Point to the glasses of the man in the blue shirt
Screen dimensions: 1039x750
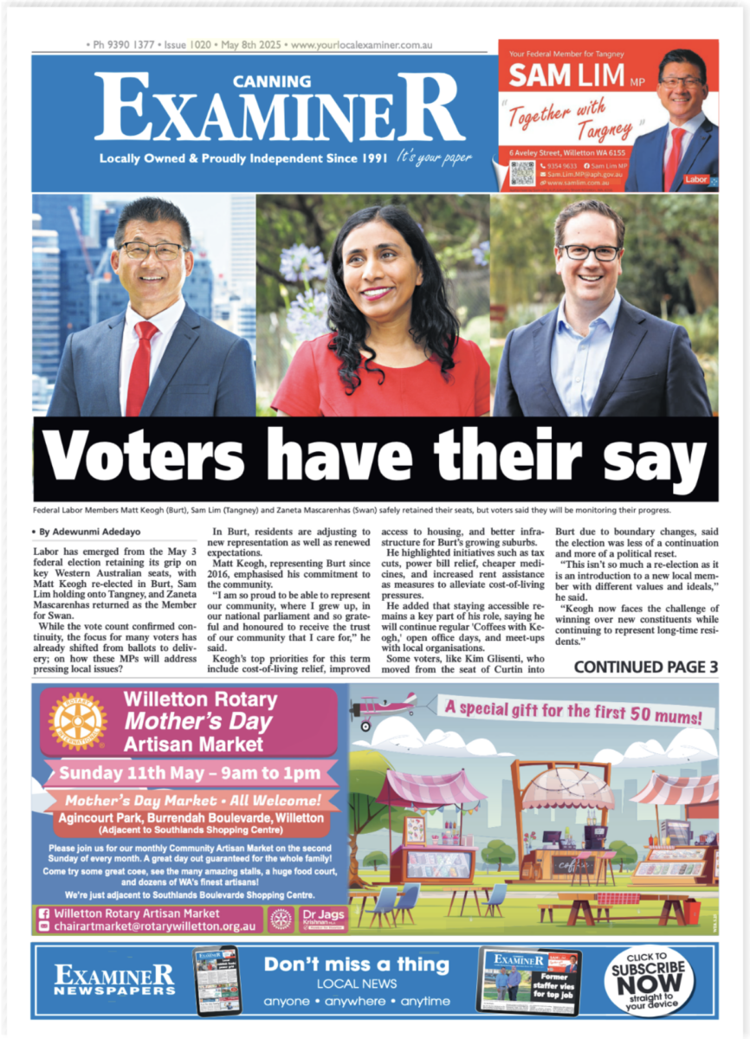click(x=592, y=252)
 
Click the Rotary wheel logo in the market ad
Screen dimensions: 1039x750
click(x=77, y=720)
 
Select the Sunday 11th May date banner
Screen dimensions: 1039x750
click(x=189, y=772)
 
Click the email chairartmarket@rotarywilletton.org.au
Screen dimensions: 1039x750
click(x=154, y=926)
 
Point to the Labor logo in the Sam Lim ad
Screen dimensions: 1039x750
click(x=695, y=179)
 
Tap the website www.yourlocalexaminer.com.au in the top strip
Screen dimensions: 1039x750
click(x=363, y=44)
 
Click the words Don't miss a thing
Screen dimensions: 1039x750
click(x=357, y=965)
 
